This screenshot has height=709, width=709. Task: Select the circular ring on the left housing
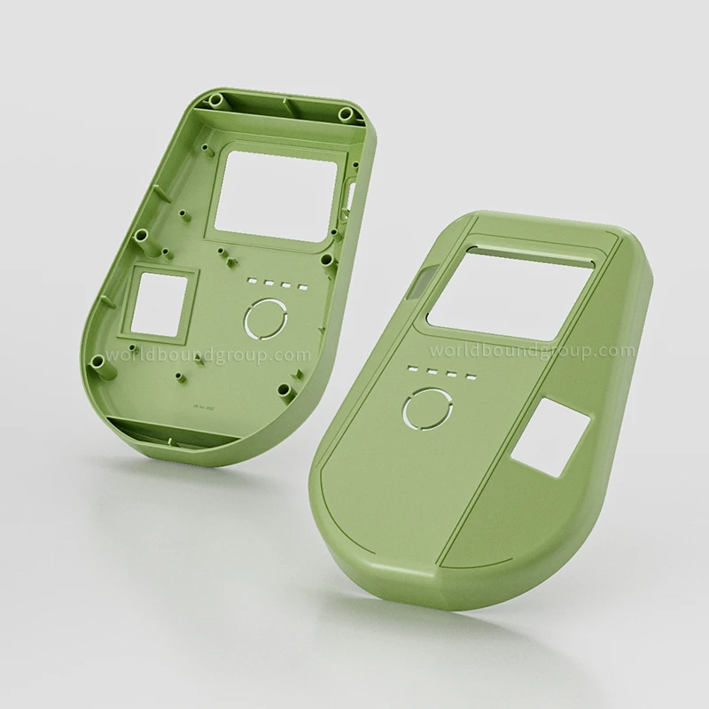pos(265,318)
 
